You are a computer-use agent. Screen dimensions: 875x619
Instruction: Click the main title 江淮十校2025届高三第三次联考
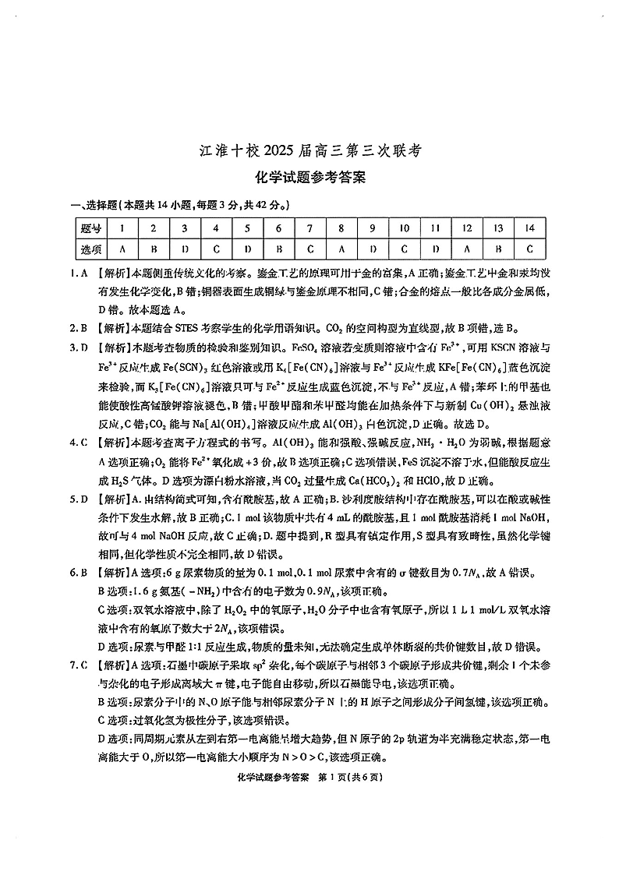(309, 152)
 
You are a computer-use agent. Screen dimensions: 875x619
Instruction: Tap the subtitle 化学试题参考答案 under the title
(309, 178)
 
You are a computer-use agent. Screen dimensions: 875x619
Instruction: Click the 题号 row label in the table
(90, 228)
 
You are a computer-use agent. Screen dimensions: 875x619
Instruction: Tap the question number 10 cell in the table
(404, 228)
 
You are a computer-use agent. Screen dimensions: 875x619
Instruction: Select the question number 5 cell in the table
(247, 228)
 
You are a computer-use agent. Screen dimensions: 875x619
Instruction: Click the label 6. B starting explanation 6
(75, 574)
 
